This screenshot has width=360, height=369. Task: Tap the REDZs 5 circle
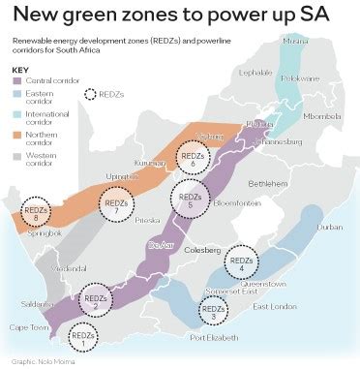(x=190, y=200)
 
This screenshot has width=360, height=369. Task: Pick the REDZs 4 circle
(x=241, y=261)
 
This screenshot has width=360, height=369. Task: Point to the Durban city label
(x=329, y=227)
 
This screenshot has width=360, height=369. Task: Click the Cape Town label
(x=25, y=326)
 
